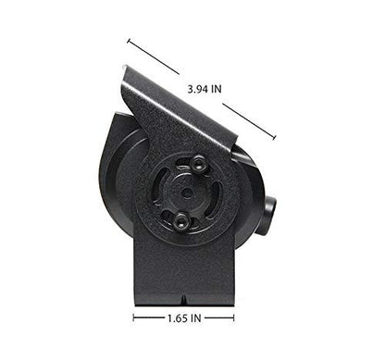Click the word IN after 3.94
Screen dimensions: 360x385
pos(215,88)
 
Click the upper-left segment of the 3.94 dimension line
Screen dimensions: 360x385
pos(153,56)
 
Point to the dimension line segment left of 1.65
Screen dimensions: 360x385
pos(151,317)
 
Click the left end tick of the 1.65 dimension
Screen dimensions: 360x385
pos(133,317)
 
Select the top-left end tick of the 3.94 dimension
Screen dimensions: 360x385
pos(128,41)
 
